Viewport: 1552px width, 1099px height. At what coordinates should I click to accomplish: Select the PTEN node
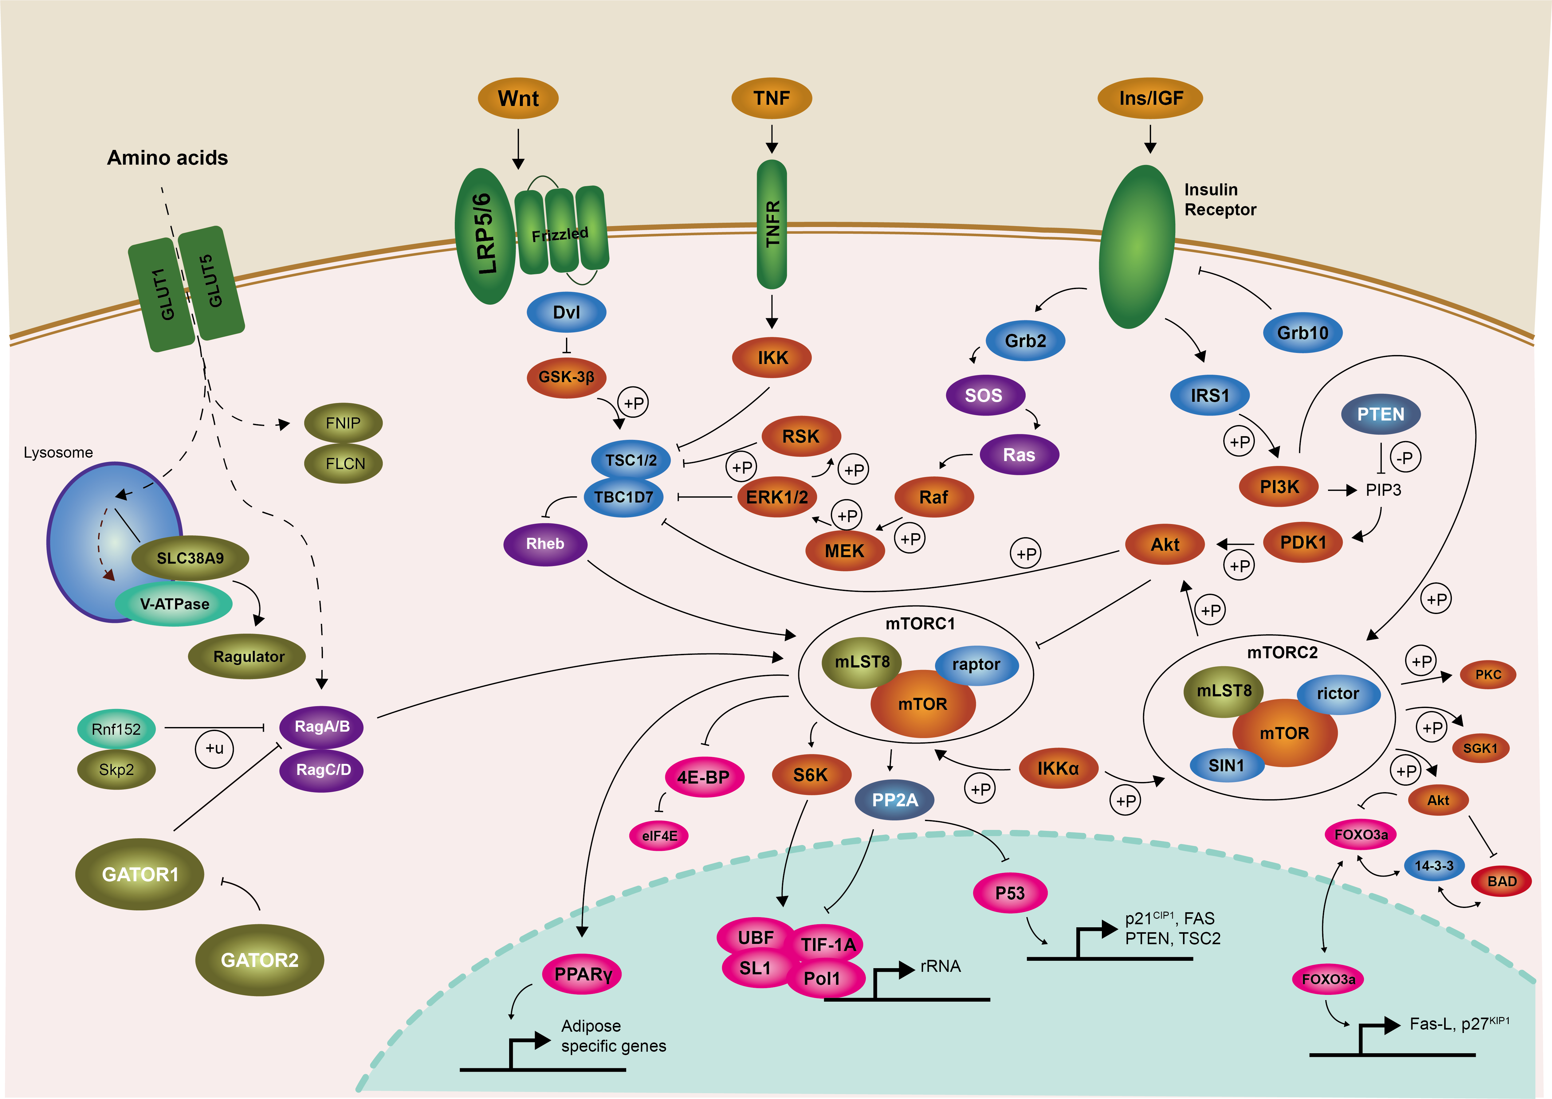coord(1380,414)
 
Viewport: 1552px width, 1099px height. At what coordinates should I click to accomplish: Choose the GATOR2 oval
coord(259,960)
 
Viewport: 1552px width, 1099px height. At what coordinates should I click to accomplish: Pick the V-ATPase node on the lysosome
coord(175,604)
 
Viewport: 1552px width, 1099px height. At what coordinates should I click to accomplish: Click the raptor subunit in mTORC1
coord(976,665)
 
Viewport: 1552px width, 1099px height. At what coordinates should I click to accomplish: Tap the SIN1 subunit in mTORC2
coord(1226,765)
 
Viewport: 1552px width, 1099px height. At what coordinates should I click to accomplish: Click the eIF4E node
coord(659,836)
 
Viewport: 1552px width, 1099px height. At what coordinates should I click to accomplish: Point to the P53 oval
coord(1010,893)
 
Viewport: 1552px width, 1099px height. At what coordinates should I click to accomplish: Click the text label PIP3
coord(1383,490)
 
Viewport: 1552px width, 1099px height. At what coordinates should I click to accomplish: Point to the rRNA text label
coord(940,966)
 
